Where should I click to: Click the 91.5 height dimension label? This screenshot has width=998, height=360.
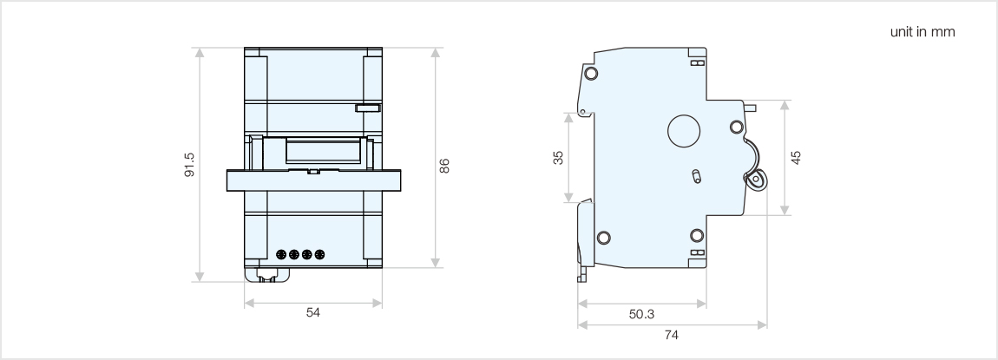pos(190,164)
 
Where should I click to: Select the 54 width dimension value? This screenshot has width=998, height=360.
pos(312,313)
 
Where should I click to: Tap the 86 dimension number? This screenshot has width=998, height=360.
pos(444,165)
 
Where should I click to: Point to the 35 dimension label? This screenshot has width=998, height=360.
pos(559,157)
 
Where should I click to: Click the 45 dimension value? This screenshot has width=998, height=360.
pos(796,157)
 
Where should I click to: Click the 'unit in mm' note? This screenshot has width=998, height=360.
pos(923,33)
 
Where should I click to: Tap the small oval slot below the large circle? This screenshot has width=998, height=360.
pos(694,177)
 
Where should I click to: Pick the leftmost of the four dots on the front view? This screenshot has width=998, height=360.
pos(281,255)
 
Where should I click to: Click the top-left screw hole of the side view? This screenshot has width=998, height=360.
pos(591,73)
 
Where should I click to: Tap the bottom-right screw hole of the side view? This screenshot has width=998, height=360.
pos(697,235)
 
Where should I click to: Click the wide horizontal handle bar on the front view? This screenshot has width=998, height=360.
pos(313,180)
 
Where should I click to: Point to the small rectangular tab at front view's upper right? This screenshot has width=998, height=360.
pos(367,108)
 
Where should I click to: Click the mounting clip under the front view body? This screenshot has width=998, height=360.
pos(268,274)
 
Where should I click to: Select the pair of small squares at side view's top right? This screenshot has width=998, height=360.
pos(696,63)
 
